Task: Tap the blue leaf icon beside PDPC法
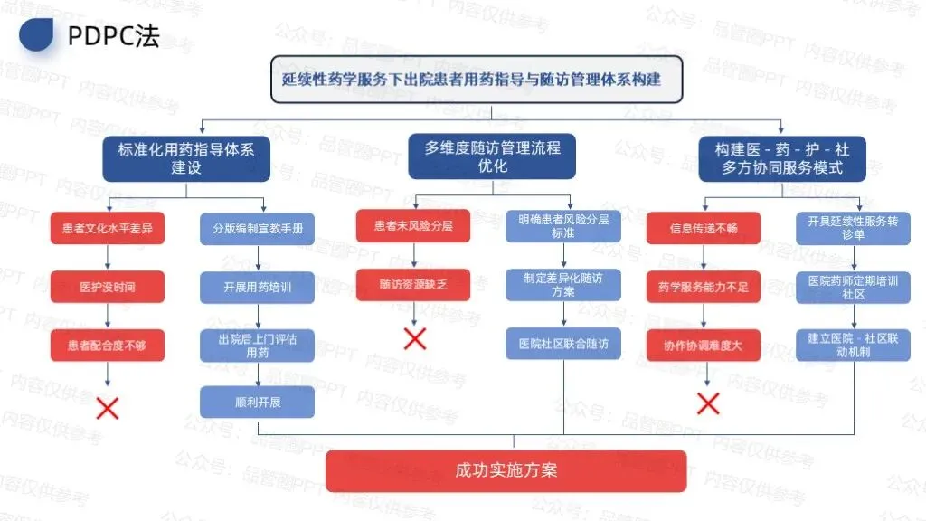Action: pyautogui.click(x=36, y=33)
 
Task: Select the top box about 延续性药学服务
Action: pyautogui.click(x=477, y=80)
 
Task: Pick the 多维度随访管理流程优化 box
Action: pyautogui.click(x=493, y=156)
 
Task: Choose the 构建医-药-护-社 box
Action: pyautogui.click(x=782, y=158)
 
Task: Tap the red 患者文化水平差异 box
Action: pyautogui.click(x=108, y=229)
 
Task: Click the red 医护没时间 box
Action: pyautogui.click(x=108, y=287)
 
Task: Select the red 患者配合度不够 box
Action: pyautogui.click(x=108, y=345)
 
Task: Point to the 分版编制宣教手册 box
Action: pyautogui.click(x=258, y=229)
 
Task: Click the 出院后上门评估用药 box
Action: pyautogui.click(x=258, y=346)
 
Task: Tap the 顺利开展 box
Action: pyautogui.click(x=258, y=402)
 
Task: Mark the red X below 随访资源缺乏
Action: pyautogui.click(x=415, y=338)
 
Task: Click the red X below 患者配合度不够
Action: pyautogui.click(x=108, y=407)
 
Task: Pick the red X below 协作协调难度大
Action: pyautogui.click(x=708, y=403)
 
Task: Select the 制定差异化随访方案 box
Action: pyautogui.click(x=562, y=285)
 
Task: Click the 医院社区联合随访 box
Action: pyautogui.click(x=562, y=344)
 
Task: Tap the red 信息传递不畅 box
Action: pyautogui.click(x=704, y=229)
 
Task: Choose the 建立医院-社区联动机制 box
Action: pyautogui.click(x=853, y=345)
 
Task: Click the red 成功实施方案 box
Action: pyautogui.click(x=506, y=470)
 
